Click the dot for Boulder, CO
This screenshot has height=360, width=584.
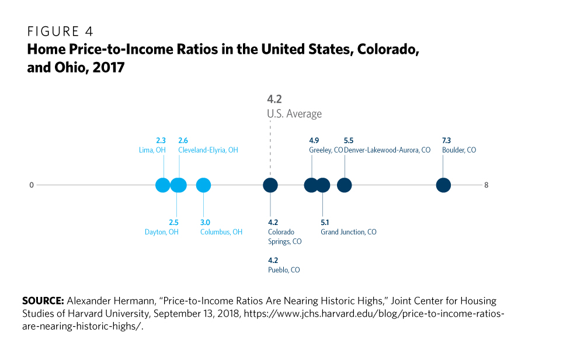coord(444,185)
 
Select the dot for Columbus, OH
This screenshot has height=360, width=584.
coord(203,185)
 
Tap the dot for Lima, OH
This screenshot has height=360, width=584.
coord(163,185)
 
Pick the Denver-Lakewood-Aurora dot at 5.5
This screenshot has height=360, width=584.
coord(345,185)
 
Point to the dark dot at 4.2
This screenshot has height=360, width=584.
coord(270,185)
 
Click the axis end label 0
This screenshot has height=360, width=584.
coord(32,185)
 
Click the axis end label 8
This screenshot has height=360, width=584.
coord(486,185)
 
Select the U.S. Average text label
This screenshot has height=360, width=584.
coord(294,113)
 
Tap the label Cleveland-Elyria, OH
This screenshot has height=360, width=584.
coord(208,150)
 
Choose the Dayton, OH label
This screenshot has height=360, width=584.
coord(162,232)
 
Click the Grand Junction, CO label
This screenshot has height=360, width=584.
coord(349,232)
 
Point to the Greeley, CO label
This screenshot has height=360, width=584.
coord(326,150)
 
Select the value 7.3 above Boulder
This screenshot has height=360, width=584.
coord(447,141)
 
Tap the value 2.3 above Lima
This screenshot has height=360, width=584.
coord(161,141)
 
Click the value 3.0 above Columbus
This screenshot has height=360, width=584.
coord(205,223)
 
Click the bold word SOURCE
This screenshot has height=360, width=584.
coord(43,301)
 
